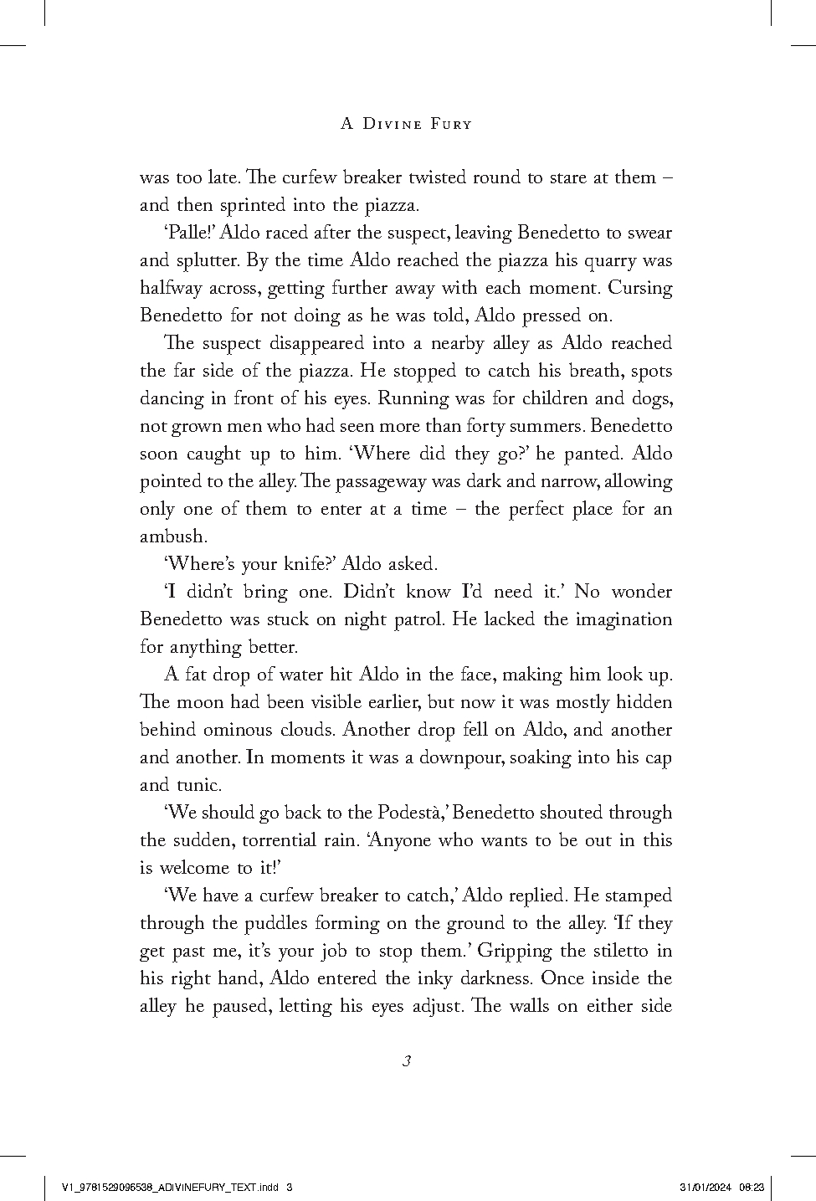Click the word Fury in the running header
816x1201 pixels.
tap(450, 124)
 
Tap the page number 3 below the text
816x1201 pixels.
tap(406, 1061)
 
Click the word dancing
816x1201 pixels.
tap(172, 398)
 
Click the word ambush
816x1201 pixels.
tap(172, 536)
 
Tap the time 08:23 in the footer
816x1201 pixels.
tap(752, 1187)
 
